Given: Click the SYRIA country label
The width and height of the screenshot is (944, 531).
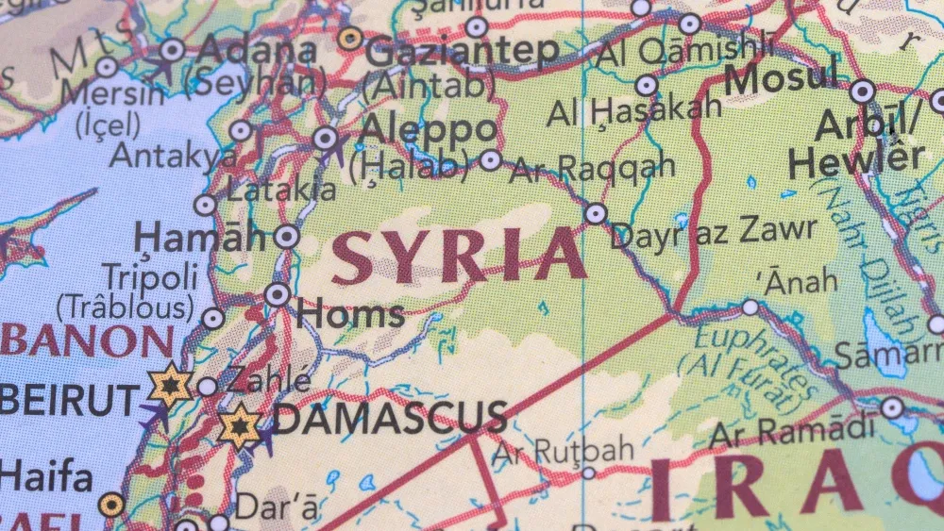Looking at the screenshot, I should [x=460, y=256].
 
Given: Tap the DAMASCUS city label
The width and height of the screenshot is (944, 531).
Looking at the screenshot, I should [x=389, y=419].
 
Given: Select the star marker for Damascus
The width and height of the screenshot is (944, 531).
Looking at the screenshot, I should [x=240, y=426].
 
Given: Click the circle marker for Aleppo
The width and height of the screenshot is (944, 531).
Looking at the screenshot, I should [x=327, y=139].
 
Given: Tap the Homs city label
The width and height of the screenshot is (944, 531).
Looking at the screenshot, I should [x=350, y=314].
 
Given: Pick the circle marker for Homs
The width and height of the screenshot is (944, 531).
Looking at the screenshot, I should [x=278, y=294].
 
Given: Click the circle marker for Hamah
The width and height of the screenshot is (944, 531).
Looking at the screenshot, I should [x=286, y=236].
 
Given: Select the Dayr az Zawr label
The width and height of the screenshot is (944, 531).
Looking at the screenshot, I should [x=714, y=231].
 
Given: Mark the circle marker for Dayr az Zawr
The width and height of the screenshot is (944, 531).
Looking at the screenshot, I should [x=595, y=214].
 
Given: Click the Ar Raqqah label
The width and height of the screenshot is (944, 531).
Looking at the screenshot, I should [x=592, y=168].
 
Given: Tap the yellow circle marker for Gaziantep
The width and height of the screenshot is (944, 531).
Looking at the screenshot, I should [x=351, y=39].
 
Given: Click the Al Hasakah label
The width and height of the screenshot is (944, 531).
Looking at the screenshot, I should [x=634, y=111].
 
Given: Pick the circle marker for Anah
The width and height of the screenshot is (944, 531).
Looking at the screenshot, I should [x=750, y=307].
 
